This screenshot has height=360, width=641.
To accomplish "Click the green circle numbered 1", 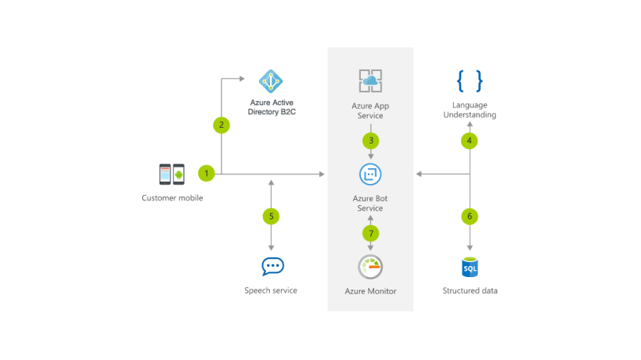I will point(207,172).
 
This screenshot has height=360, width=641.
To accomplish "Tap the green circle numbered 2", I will point(222,125).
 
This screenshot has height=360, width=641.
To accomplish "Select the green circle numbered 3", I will point(370,141).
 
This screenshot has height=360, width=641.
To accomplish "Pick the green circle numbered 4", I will point(470,141).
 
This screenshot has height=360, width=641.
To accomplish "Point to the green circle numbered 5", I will point(271,215).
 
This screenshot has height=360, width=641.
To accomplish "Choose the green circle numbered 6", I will point(470,215).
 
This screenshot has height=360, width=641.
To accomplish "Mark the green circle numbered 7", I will point(370,233).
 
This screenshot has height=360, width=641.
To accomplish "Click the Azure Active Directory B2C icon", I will point(271,81).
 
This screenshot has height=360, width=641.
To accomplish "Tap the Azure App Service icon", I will point(370,81).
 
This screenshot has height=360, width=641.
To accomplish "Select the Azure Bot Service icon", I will point(370,174).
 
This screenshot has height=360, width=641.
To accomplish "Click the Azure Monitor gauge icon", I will point(370,267).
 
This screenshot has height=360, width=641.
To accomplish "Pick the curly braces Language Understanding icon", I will point(470,81).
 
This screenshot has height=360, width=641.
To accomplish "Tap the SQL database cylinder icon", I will point(470,267).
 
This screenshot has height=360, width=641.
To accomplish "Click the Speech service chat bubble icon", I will point(272,267).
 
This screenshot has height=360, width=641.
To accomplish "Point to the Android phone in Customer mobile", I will point(178,174).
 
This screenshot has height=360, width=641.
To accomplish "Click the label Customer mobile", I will point(172,198).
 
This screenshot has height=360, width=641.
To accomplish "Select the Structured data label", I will point(470,291).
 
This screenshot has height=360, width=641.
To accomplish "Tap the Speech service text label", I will point(271,291).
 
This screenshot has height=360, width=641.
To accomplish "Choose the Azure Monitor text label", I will point(370,291).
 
